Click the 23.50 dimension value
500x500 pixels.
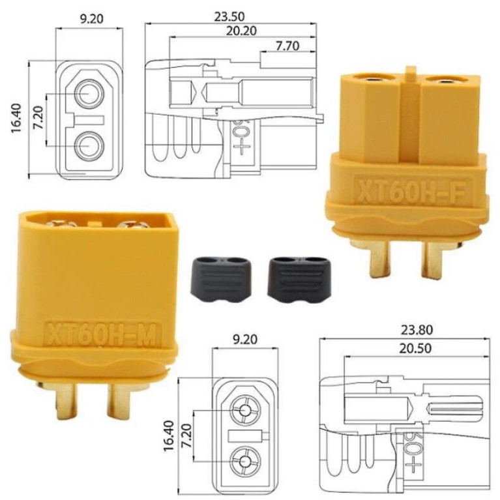coord(229,16)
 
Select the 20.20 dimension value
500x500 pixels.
coord(241,31)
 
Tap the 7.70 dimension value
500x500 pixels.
coord(287,46)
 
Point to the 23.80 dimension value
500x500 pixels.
coord(417,330)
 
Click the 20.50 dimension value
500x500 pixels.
coord(415,348)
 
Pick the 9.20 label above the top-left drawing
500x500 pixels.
coord(91,18)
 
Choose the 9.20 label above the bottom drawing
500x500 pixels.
coord(245,339)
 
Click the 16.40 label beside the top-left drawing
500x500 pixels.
coord(16,118)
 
